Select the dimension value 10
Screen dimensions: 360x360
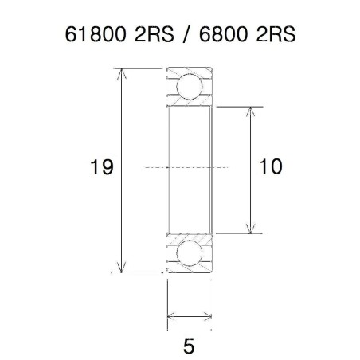pyautogui.click(x=271, y=167)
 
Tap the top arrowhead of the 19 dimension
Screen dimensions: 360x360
pyautogui.click(x=122, y=74)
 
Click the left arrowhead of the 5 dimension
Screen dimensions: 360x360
pyautogui.click(x=171, y=319)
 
